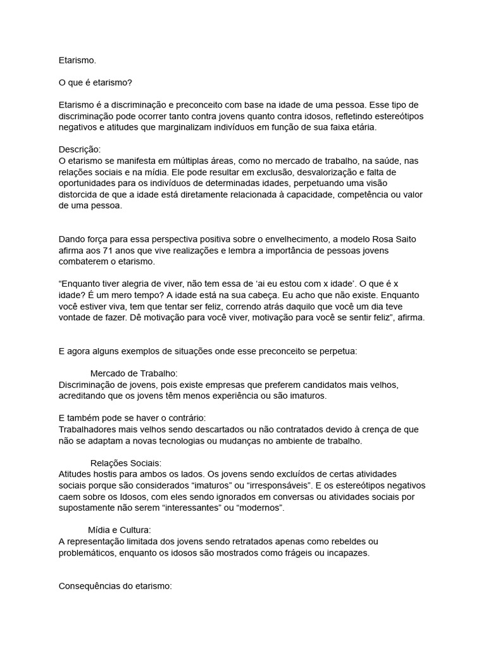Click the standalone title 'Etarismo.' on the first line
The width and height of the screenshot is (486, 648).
pyautogui.click(x=77, y=61)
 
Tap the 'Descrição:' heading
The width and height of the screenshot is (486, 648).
pyautogui.click(x=79, y=149)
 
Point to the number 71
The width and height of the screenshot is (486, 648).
pyautogui.click(x=111, y=251)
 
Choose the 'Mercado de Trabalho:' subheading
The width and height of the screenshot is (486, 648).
pyautogui.click(x=134, y=373)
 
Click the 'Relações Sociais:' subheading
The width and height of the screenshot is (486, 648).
pyautogui.click(x=127, y=463)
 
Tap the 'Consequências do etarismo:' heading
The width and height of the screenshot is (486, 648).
pyautogui.click(x=115, y=587)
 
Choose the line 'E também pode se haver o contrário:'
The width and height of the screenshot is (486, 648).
pyautogui.click(x=132, y=418)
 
